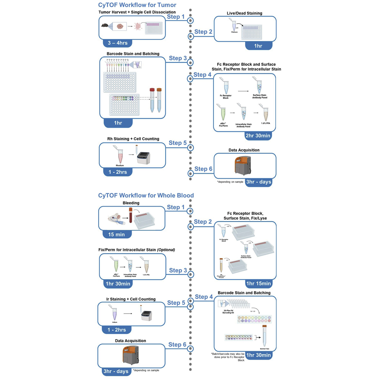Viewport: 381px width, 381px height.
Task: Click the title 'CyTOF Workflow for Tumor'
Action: click(137, 5)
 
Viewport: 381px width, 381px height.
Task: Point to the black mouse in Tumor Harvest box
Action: click(105, 26)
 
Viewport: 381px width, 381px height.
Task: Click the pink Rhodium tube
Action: click(119, 155)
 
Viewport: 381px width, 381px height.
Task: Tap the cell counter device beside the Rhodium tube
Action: click(147, 157)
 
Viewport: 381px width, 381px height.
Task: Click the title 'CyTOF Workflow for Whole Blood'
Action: click(146, 195)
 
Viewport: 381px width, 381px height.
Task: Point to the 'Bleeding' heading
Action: click(131, 203)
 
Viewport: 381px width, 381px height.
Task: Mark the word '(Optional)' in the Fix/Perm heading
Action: click(166, 250)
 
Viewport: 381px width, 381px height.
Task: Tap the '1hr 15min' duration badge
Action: click(259, 283)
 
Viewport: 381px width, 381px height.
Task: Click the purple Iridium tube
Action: click(114, 313)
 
